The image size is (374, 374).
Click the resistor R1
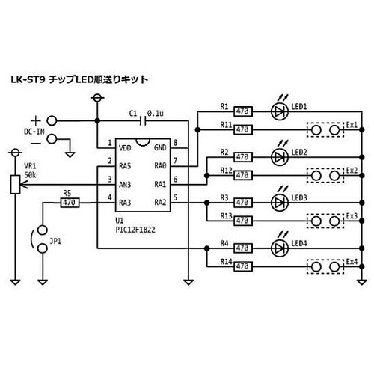(242, 111)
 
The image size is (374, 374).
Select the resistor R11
(242, 129)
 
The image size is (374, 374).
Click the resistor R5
(70, 201)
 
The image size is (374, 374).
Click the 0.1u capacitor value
(156, 112)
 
